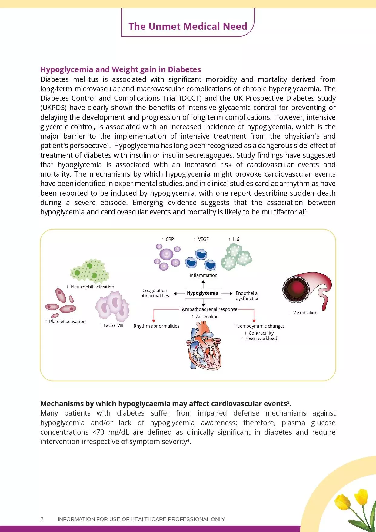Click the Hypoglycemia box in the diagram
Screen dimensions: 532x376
(x=203, y=293)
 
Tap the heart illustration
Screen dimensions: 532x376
(x=204, y=346)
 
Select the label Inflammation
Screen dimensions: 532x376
(x=203, y=275)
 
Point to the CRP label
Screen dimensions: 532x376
(x=169, y=239)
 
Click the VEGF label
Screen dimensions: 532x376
(x=203, y=239)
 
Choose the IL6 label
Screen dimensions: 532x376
(x=236, y=239)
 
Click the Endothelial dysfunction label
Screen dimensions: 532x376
(x=247, y=296)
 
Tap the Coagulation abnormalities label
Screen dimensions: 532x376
(x=155, y=293)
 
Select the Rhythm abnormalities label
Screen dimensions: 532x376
(x=156, y=326)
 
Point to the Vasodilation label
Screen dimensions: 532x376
(x=305, y=313)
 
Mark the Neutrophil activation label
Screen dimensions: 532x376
(x=92, y=287)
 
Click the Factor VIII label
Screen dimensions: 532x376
(x=113, y=325)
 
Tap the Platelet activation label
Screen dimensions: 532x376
(x=67, y=322)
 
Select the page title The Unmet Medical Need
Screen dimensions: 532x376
(x=188, y=26)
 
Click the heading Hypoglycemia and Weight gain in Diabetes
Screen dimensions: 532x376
(x=121, y=69)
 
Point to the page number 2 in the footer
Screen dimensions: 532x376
(x=42, y=519)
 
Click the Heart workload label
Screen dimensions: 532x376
(x=261, y=338)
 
